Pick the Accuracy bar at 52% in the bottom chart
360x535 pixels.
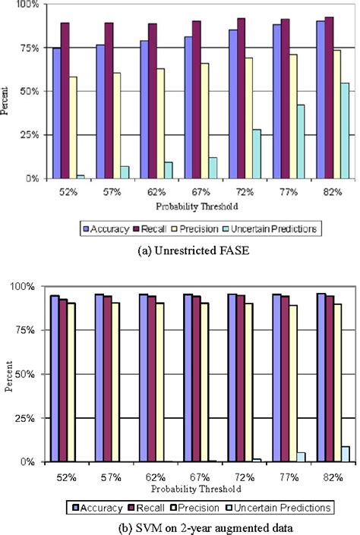coord(55,379)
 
